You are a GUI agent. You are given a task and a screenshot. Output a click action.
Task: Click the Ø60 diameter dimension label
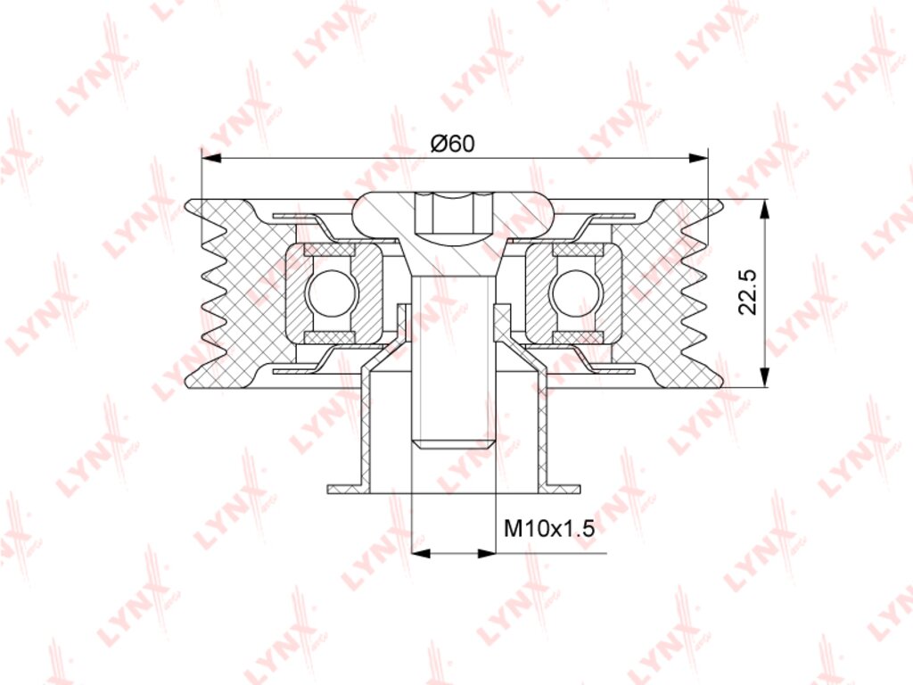(x=453, y=143)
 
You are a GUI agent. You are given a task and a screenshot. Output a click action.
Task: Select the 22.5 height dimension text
(x=747, y=293)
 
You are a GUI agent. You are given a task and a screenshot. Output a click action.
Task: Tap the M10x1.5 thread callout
(x=549, y=529)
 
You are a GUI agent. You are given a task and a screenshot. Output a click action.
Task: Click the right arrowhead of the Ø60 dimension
(x=697, y=158)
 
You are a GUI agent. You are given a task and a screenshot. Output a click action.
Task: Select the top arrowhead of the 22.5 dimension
(x=764, y=210)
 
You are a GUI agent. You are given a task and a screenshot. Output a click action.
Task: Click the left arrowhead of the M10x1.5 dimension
(x=422, y=553)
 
